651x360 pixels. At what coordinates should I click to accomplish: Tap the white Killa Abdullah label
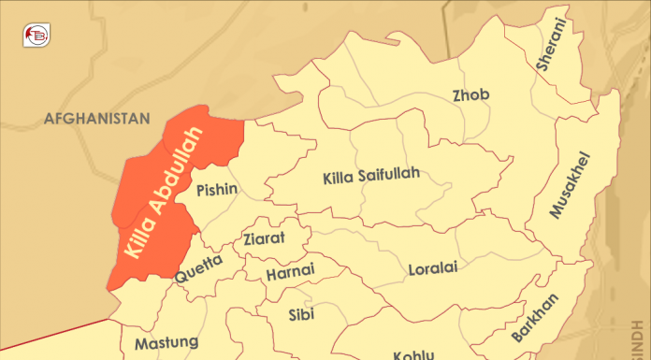[163, 197]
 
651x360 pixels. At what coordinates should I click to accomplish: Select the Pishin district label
[217, 191]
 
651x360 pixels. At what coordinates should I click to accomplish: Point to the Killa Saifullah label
[370, 176]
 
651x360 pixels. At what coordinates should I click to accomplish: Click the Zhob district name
[470, 95]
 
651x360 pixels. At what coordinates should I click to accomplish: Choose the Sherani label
[552, 44]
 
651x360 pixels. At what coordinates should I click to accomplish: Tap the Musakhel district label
[571, 184]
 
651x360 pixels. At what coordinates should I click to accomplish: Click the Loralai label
[432, 270]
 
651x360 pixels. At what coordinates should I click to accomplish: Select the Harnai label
[290, 274]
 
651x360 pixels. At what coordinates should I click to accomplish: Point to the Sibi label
[301, 312]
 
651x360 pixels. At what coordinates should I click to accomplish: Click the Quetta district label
[199, 269]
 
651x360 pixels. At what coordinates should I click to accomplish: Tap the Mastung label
[166, 343]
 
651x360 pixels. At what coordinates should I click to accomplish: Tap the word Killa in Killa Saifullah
[339, 177]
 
